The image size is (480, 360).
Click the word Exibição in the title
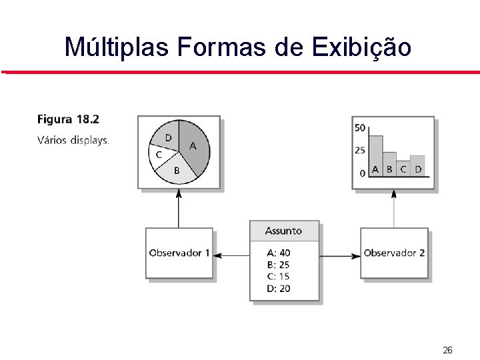(x=361, y=47)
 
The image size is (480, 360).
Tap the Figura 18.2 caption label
(x=68, y=120)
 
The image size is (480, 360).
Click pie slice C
(x=159, y=155)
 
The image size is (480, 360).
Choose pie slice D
(x=167, y=137)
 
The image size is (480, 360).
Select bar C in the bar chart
(x=403, y=168)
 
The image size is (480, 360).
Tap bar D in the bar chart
(x=417, y=165)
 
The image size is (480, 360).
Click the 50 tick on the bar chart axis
(x=359, y=128)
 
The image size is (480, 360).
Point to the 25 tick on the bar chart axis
(x=359, y=151)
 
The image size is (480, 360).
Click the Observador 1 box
(x=179, y=253)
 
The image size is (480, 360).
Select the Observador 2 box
(x=394, y=253)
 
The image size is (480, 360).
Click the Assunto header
(x=284, y=231)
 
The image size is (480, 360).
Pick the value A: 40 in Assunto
(x=278, y=253)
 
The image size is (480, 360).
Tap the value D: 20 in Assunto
(x=278, y=289)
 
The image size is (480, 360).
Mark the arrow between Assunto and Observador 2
(x=339, y=255)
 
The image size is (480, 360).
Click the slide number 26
(x=447, y=350)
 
